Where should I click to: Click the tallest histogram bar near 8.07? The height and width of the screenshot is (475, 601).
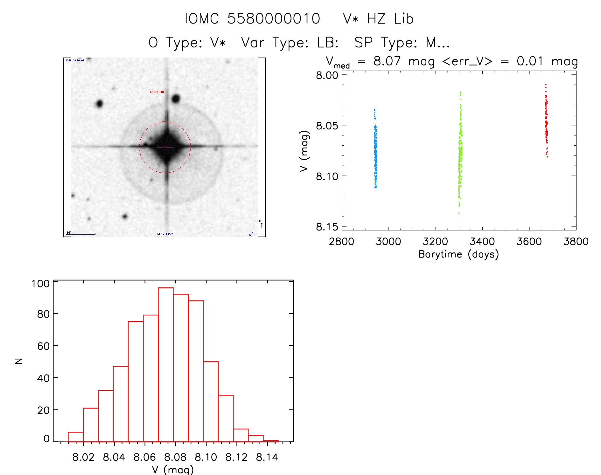166,364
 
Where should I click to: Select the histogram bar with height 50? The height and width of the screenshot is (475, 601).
211,401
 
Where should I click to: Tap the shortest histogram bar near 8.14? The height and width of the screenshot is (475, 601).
271,441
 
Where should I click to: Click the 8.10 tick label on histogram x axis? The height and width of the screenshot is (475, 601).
206,457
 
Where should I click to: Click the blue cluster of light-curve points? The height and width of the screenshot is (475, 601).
375,153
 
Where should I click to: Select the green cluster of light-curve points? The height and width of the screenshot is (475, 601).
460,153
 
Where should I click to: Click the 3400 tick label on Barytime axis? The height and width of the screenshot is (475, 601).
482,242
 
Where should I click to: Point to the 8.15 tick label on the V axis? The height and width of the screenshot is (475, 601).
327,227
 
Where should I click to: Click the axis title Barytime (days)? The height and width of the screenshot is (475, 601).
458,254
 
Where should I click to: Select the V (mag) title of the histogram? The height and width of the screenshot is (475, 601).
173,470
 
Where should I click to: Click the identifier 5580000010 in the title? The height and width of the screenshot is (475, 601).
274,19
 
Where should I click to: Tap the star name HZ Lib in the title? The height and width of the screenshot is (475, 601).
390,19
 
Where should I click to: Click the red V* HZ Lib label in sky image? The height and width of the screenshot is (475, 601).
157,92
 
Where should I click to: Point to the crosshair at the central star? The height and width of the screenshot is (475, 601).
165,147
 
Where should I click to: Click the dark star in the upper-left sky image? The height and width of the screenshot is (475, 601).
99,103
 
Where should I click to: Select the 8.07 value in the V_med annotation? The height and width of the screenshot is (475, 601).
387,61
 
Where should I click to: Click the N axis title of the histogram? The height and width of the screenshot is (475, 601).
18,361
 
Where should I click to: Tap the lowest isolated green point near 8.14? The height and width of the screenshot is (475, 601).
459,213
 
